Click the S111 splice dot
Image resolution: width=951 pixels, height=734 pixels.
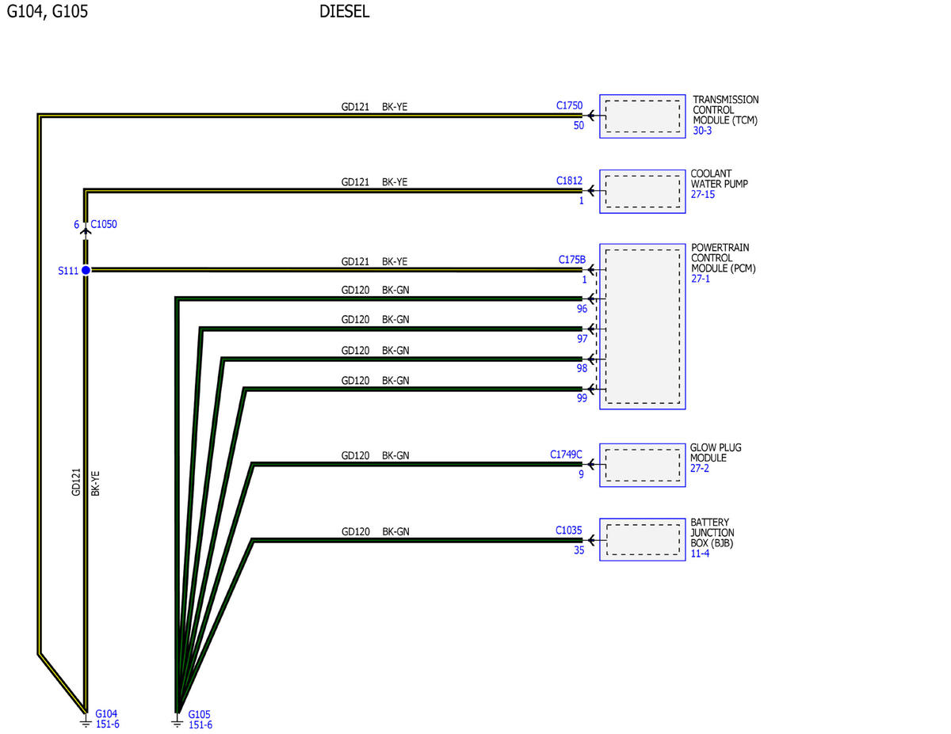click(x=86, y=271)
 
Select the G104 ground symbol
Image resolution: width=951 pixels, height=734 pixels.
click(x=86, y=721)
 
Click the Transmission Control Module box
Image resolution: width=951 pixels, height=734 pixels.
click(x=642, y=116)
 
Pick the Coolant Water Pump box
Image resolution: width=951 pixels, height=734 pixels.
click(x=642, y=192)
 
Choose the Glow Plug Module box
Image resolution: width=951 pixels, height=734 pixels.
click(x=642, y=465)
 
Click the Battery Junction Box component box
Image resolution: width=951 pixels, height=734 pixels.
click(x=642, y=540)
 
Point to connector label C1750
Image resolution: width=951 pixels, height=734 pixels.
click(x=569, y=105)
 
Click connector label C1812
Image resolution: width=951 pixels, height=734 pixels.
click(x=569, y=181)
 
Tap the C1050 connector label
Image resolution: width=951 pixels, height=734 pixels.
click(x=104, y=224)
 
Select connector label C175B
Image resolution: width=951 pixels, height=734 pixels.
click(x=571, y=260)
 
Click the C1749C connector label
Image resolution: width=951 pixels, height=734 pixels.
click(x=566, y=454)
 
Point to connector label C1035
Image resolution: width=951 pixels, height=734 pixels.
click(x=568, y=531)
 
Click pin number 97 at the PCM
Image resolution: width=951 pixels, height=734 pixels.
click(x=582, y=338)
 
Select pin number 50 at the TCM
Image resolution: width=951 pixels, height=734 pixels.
click(x=579, y=125)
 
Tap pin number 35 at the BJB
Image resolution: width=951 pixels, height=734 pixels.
click(x=579, y=550)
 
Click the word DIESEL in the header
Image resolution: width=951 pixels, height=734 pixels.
click(x=344, y=11)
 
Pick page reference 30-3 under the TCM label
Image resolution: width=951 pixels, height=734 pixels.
click(x=702, y=131)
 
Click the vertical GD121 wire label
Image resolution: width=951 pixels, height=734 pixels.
click(x=76, y=482)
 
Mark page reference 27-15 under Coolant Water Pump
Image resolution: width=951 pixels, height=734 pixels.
click(x=702, y=195)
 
